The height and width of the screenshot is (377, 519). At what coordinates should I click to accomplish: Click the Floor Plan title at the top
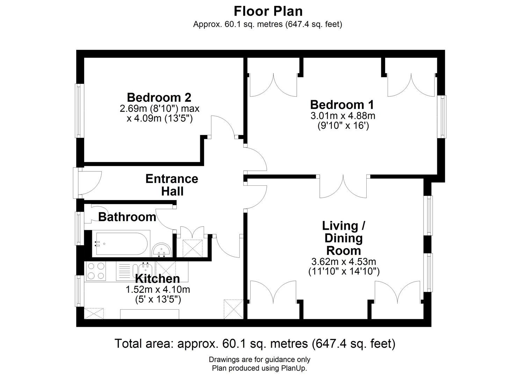click(x=268, y=11)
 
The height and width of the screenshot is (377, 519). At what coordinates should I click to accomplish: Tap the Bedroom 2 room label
click(x=159, y=97)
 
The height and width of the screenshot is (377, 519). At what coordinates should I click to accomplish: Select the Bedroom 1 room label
click(x=342, y=105)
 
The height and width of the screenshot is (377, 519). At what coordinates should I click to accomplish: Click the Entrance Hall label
click(x=172, y=185)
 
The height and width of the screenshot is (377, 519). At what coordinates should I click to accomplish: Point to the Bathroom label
click(x=127, y=217)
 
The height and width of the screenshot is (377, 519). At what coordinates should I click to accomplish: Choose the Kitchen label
click(x=157, y=279)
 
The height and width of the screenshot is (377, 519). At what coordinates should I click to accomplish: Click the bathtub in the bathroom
click(x=121, y=243)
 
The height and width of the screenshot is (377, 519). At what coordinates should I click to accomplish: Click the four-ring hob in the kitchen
click(x=96, y=271)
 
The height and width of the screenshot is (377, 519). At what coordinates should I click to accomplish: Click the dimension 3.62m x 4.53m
click(x=344, y=261)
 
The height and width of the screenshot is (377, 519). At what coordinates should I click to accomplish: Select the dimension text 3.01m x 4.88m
click(x=343, y=115)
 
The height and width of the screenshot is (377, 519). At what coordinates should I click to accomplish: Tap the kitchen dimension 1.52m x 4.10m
click(x=158, y=289)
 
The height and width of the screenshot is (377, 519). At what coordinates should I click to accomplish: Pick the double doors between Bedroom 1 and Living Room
click(x=344, y=187)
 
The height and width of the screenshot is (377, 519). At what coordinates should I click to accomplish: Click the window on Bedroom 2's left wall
click(x=79, y=111)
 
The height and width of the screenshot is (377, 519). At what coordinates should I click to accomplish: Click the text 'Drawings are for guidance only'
click(x=259, y=360)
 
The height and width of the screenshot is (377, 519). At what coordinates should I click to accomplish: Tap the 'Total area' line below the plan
click(x=255, y=343)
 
